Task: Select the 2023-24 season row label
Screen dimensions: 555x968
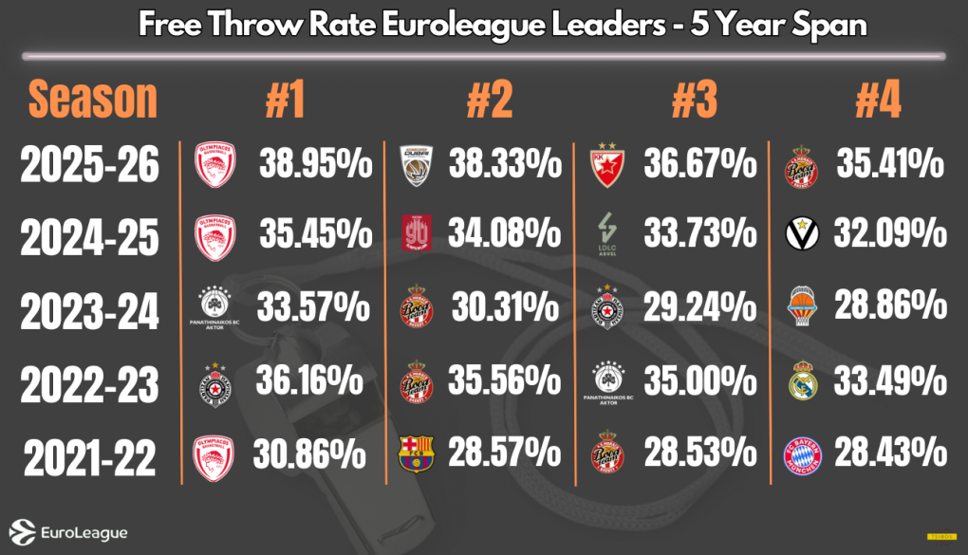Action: pos(91,309)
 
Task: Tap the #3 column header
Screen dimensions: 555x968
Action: pos(694,100)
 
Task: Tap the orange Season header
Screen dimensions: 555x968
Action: pos(92,99)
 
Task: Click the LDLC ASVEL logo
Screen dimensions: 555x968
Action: pos(607,233)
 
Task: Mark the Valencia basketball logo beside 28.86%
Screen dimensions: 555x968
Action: pos(803,307)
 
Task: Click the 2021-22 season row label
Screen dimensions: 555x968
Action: pos(91,458)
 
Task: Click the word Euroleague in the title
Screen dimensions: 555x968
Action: pos(462,24)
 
